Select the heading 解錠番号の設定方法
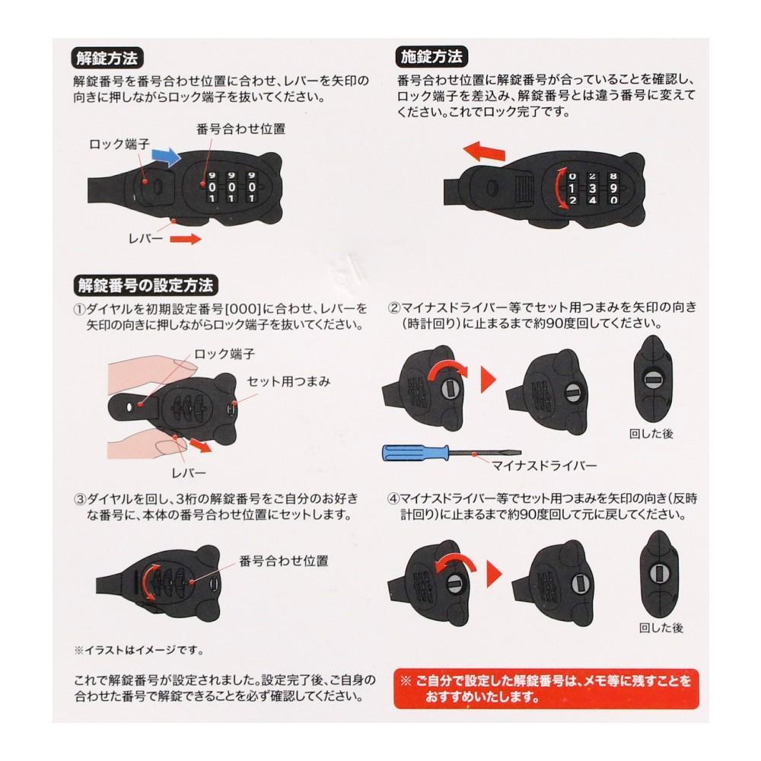(x=145, y=285)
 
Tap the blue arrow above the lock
(x=166, y=156)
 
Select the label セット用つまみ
(x=288, y=382)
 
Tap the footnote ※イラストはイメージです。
(x=139, y=651)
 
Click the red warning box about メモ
(x=546, y=688)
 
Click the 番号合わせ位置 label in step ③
(x=284, y=562)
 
